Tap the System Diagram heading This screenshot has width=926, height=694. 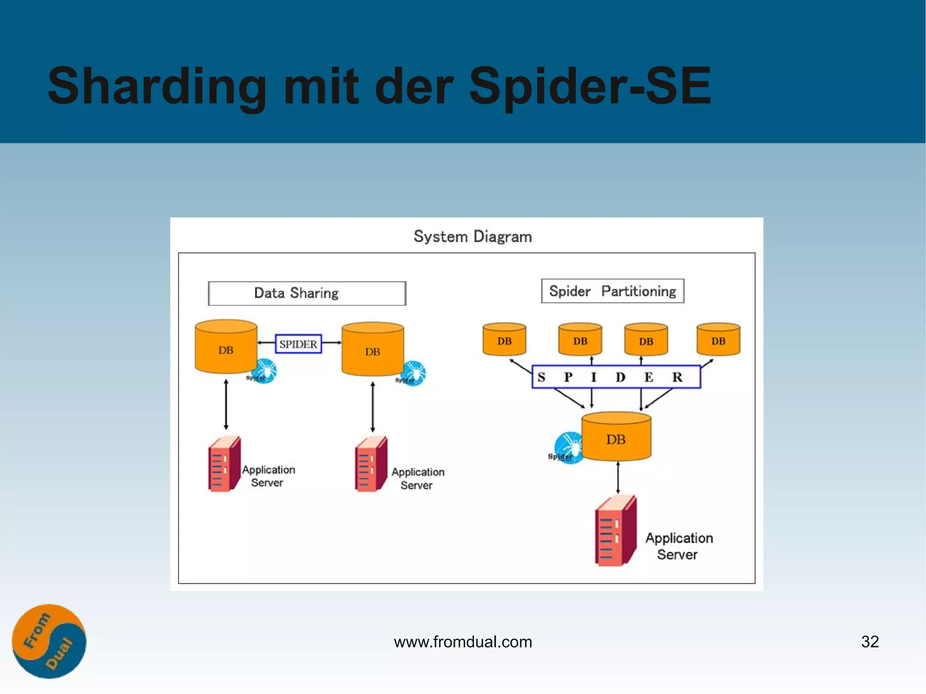click(472, 236)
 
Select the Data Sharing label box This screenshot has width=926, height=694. click(307, 293)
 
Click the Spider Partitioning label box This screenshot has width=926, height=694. click(612, 291)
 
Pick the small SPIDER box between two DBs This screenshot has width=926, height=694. click(298, 344)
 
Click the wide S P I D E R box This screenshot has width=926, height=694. click(616, 377)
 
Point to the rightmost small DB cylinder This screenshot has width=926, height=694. click(718, 340)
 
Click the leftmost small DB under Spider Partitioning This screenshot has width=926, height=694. click(504, 340)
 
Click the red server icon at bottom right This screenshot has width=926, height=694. click(615, 531)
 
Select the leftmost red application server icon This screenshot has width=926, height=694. click(224, 464)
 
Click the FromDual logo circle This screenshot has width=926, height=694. click(49, 641)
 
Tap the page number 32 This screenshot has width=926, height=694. click(869, 642)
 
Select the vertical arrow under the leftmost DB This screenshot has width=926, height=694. click(226, 405)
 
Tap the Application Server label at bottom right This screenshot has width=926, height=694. click(678, 546)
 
